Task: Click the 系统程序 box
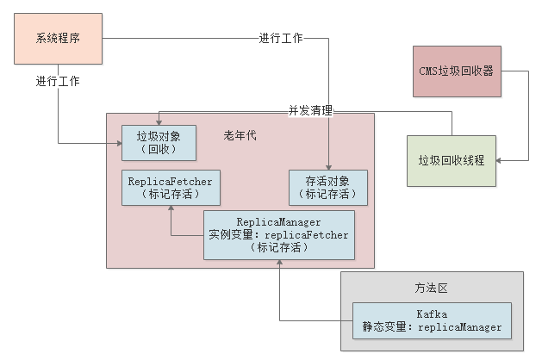(59, 39)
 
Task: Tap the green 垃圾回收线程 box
(452, 160)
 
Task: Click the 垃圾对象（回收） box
(159, 143)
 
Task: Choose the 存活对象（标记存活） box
(327, 188)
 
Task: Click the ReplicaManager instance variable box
(278, 234)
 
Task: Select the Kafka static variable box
(432, 320)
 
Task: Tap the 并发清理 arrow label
(311, 111)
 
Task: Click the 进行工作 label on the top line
(281, 39)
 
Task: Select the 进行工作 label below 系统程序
(59, 81)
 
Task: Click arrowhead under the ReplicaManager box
(279, 264)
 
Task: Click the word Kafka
(432, 313)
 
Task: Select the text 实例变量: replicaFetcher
(278, 234)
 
